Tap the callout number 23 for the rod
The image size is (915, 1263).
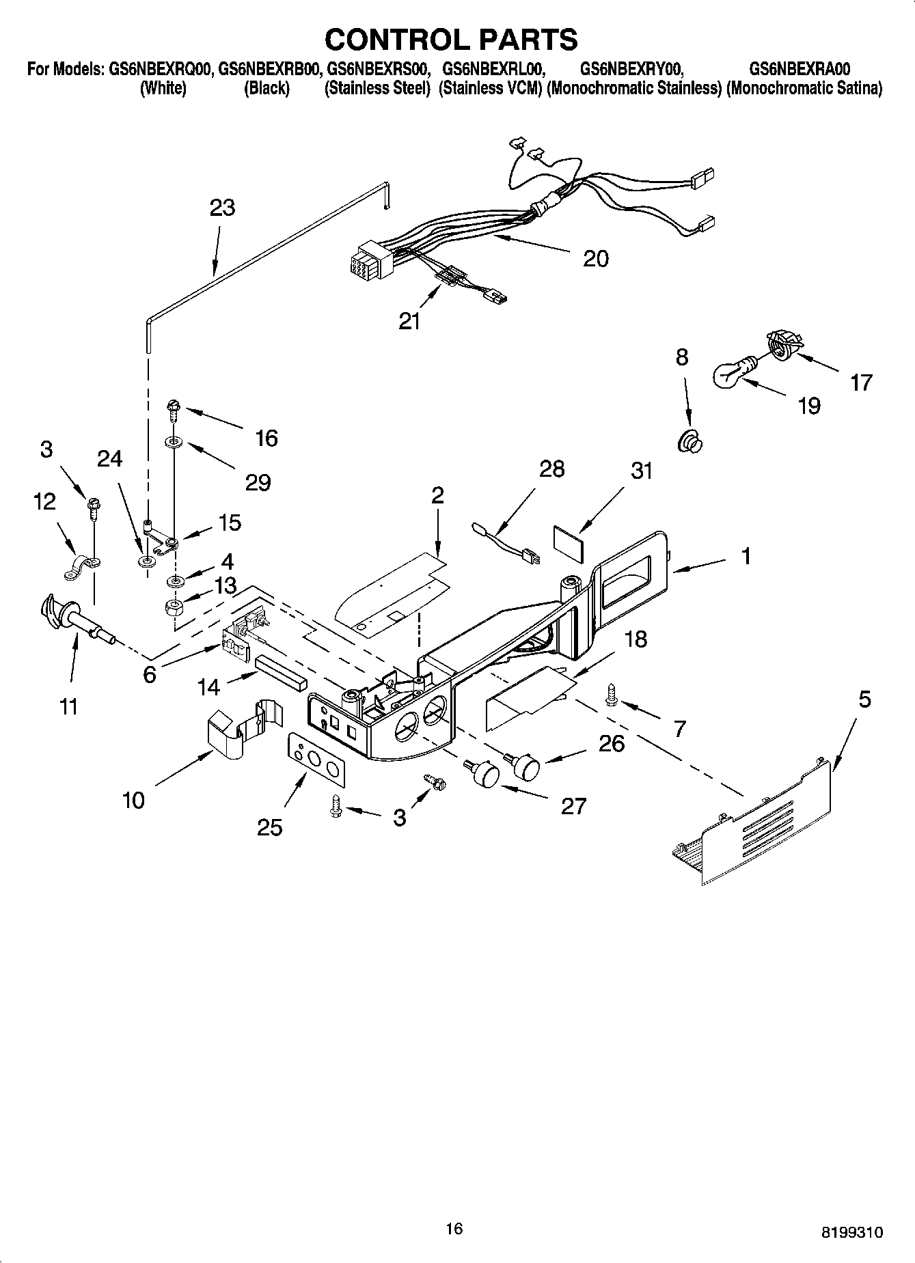coord(222,208)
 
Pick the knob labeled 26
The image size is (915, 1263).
coord(525,766)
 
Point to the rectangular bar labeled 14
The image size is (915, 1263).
coord(281,672)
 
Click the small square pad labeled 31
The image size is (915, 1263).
coord(569,542)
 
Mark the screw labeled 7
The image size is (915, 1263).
coord(610,696)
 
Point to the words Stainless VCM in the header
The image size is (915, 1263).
coord(490,89)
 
